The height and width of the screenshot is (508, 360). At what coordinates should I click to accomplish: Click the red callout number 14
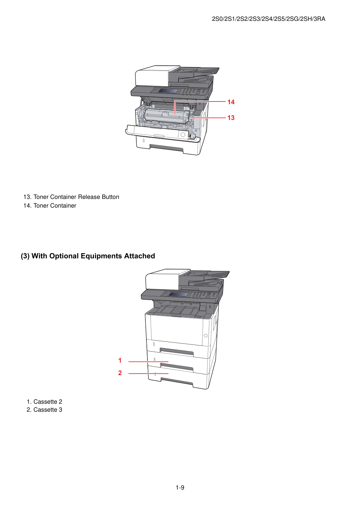pos(231,102)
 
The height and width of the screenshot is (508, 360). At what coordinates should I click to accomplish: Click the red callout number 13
pos(231,118)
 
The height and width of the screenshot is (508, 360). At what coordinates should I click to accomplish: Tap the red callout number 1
pos(120,360)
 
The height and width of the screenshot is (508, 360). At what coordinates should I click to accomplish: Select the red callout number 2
pos(120,373)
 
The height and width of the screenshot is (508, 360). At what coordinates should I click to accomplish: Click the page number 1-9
pos(180,487)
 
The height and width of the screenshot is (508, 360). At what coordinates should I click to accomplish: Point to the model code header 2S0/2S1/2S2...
pos(269,19)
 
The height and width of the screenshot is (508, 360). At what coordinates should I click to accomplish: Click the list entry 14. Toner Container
pos(50,205)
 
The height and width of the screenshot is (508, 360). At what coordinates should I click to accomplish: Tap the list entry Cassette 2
pos(45,402)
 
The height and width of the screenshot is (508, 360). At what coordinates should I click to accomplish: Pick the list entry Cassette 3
pos(45,410)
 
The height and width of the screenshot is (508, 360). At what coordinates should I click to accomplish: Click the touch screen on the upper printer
pos(168,91)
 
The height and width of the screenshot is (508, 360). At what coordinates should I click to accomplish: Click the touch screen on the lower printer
pos(178,295)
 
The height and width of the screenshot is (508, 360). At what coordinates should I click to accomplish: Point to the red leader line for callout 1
pos(149,362)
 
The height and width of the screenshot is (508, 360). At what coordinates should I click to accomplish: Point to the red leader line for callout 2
pos(149,373)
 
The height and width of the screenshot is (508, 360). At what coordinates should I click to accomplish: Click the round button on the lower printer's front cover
pos(206,336)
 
